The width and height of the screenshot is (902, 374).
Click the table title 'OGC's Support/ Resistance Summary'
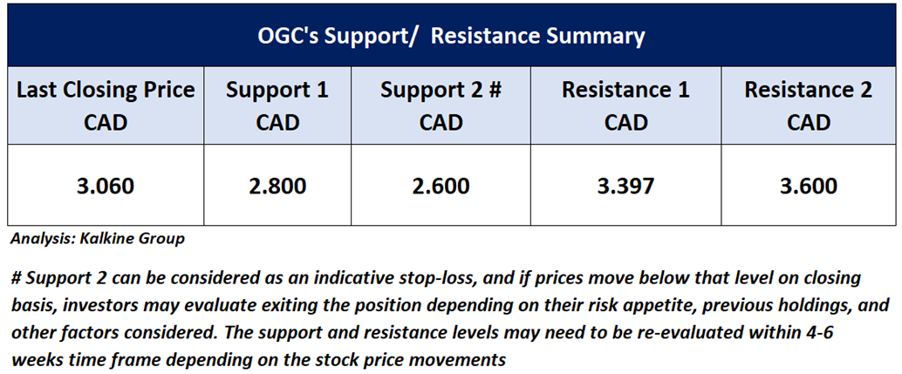pos(451,37)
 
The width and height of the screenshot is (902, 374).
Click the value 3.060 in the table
pos(106,186)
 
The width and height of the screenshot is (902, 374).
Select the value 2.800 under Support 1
pos(277,186)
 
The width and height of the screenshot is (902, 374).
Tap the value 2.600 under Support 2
pos(441,186)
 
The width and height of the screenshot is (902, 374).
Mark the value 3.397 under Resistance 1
pos(625,186)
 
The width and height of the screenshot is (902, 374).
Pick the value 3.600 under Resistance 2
pos(809,186)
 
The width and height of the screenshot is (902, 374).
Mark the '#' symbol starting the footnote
pos(16,279)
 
